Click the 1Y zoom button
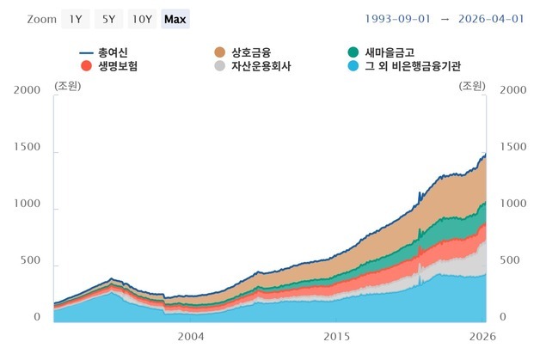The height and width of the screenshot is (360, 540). click(76, 19)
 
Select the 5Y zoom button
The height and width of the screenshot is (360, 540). click(109, 19)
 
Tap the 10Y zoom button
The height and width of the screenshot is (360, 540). click(142, 19)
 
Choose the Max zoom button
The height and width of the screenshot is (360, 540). click(175, 19)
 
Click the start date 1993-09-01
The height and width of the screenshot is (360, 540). click(398, 19)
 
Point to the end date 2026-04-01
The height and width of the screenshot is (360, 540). click(491, 19)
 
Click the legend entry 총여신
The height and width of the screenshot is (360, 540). click(104, 52)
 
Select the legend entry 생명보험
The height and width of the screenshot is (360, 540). click(109, 66)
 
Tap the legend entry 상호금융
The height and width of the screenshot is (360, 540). click(242, 52)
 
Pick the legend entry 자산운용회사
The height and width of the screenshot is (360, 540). click(253, 66)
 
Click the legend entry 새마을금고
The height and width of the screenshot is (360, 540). click(381, 52)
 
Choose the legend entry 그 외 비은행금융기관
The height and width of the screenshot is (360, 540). click(404, 66)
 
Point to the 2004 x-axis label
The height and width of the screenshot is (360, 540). click(191, 336)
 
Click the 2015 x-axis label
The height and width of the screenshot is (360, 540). click(336, 336)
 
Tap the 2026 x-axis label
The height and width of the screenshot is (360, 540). click(482, 336)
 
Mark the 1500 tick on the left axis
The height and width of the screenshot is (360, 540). click(28, 147)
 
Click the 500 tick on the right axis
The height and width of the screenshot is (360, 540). click(510, 260)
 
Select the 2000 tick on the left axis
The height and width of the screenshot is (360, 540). click(28, 90)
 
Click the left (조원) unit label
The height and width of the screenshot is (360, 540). click(67, 86)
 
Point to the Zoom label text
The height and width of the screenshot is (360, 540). click(42, 19)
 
